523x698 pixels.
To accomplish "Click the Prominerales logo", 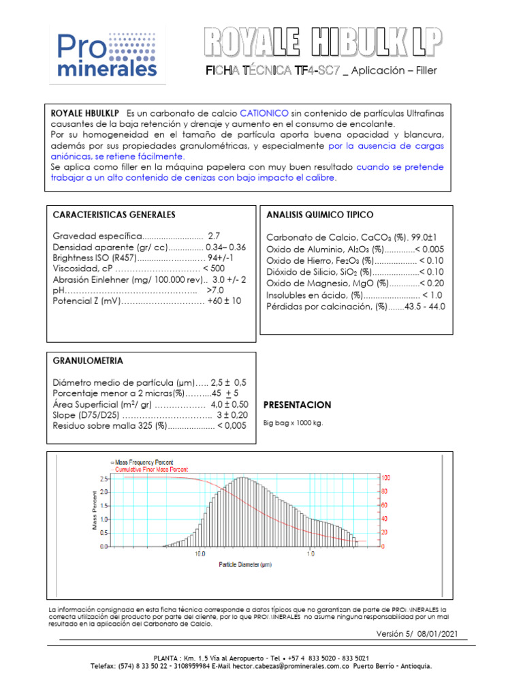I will (x=108, y=55).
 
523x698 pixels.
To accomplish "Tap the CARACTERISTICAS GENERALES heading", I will (x=114, y=215).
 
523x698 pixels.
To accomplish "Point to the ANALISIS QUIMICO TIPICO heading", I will (x=319, y=215).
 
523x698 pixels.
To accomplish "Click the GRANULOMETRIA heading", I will (x=88, y=361).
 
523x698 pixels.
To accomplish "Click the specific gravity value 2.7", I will (x=214, y=235).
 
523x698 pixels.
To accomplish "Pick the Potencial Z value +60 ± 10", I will (x=224, y=301).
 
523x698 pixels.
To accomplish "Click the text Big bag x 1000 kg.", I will (x=293, y=423).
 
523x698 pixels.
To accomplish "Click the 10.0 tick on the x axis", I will (x=200, y=554).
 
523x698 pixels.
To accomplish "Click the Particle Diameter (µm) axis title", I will (x=245, y=565).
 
